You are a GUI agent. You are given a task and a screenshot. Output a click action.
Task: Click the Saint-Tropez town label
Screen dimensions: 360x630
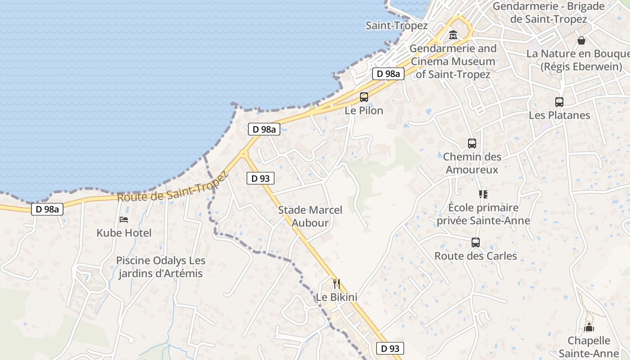pyautogui.click(x=396, y=26)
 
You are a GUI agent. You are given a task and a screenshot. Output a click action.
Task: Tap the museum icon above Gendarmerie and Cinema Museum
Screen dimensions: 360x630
pyautogui.click(x=453, y=35)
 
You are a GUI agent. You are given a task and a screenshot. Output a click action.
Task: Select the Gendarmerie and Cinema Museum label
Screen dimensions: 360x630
pyautogui.click(x=453, y=61)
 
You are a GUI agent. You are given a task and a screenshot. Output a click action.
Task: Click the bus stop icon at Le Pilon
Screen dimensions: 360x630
pyautogui.click(x=364, y=97)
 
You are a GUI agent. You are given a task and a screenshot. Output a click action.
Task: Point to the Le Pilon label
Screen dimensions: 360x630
pyautogui.click(x=364, y=110)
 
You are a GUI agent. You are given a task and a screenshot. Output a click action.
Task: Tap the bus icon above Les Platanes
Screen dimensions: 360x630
pyautogui.click(x=559, y=102)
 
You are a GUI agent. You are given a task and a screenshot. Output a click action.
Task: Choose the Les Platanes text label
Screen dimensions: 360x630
pyautogui.click(x=559, y=115)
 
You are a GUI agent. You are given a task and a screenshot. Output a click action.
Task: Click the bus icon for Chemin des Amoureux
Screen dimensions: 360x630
pyautogui.click(x=472, y=144)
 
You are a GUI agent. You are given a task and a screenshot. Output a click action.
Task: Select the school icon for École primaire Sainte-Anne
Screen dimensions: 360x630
pyautogui.click(x=483, y=194)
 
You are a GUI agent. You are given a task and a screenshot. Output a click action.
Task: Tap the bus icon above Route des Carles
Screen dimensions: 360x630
pyautogui.click(x=476, y=243)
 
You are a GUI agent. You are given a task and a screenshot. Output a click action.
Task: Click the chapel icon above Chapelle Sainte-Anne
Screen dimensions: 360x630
pyautogui.click(x=589, y=327)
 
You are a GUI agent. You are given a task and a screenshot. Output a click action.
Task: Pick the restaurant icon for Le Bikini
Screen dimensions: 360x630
pyautogui.click(x=336, y=284)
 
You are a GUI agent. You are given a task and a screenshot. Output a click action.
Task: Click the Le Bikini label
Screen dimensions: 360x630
pyautogui.click(x=337, y=297)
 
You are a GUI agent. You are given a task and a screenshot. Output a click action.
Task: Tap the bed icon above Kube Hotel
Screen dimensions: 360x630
pyautogui.click(x=124, y=220)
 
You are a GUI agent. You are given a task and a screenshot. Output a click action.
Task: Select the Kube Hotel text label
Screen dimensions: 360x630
pyautogui.click(x=124, y=233)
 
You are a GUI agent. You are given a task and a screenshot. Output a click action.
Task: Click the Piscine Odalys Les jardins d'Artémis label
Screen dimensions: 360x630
pyautogui.click(x=161, y=267)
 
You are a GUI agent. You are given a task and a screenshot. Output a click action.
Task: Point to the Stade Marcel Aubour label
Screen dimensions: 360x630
pyautogui.click(x=310, y=216)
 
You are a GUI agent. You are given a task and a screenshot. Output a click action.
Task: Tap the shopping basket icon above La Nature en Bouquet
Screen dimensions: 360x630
pyautogui.click(x=581, y=40)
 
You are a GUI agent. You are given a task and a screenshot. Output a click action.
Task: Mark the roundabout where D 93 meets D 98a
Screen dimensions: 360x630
pyautogui.click(x=244, y=153)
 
